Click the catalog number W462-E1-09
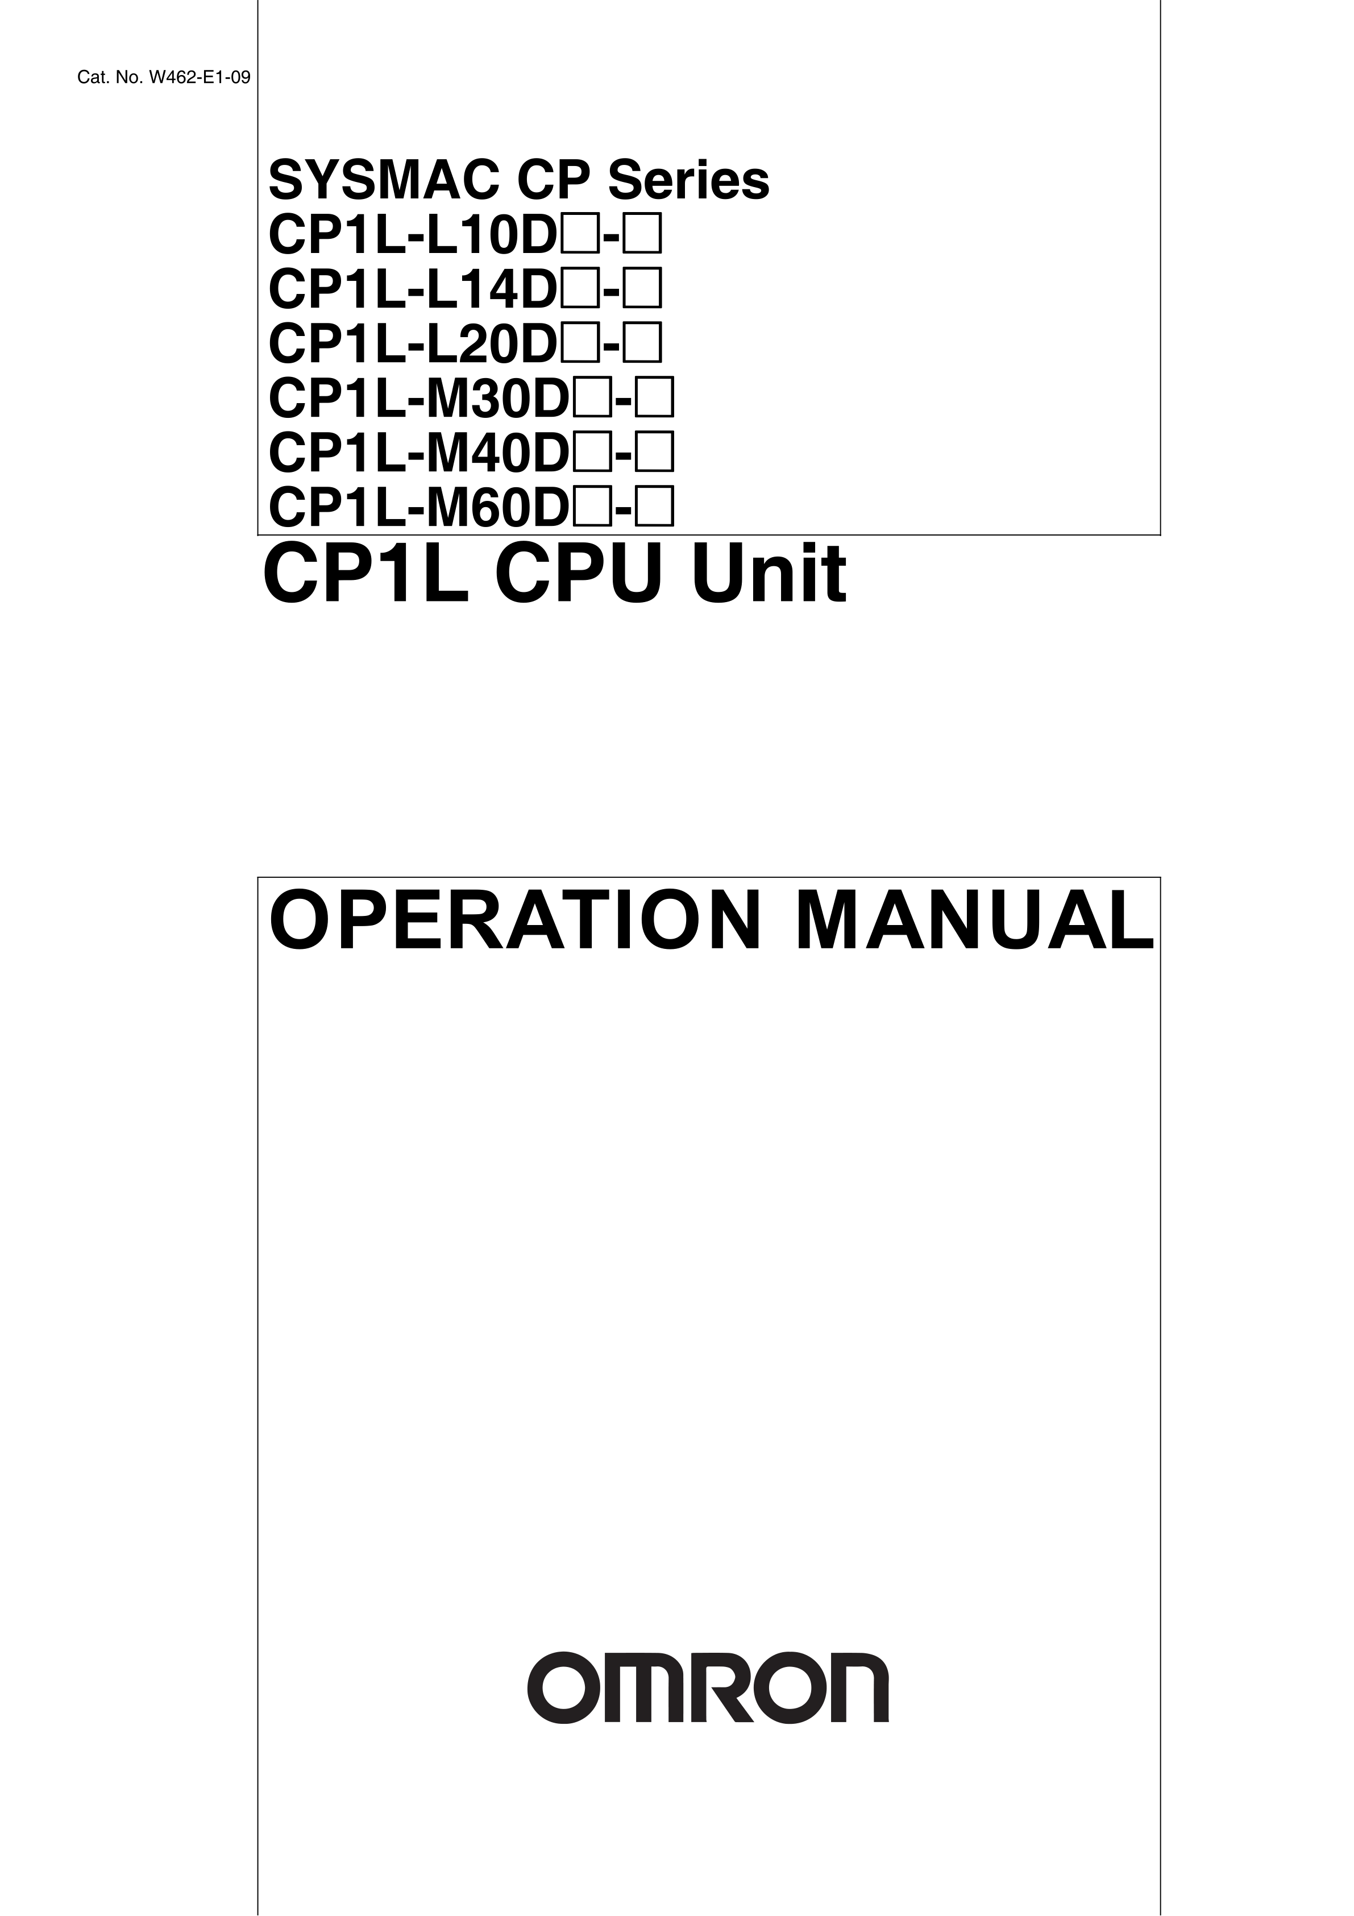[x=198, y=78]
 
